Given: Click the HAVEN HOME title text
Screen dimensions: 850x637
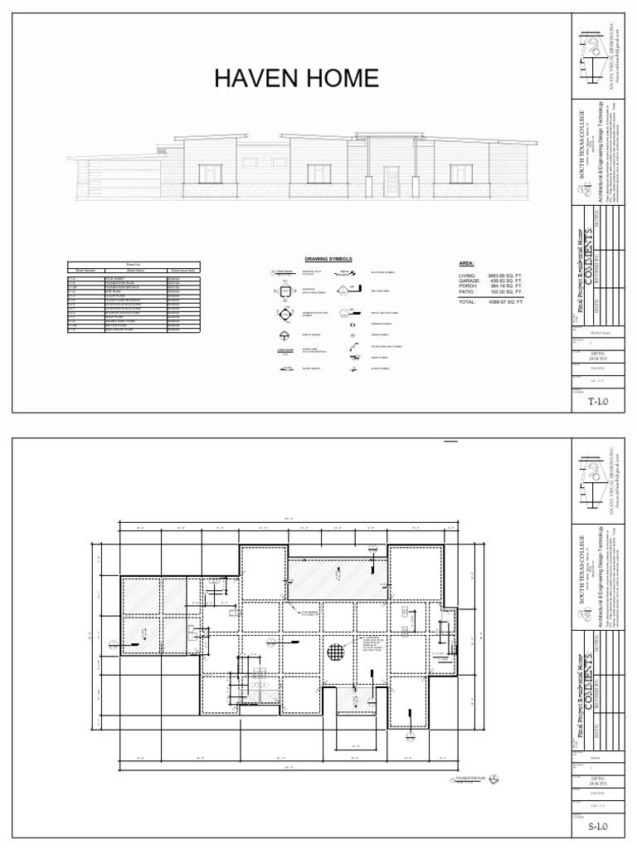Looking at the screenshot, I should (296, 79).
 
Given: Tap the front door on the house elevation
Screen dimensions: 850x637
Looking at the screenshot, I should (391, 176).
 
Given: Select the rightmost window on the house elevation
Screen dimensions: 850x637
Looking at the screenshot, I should (462, 173).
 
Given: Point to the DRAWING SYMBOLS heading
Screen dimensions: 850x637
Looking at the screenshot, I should (328, 259).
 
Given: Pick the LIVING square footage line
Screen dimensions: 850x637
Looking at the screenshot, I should (491, 274).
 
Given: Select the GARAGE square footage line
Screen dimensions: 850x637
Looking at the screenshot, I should (491, 281).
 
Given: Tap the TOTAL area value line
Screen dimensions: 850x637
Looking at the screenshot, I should (491, 302).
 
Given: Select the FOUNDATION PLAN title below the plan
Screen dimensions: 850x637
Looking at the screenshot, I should (469, 779).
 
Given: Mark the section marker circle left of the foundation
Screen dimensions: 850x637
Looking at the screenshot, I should (110, 642).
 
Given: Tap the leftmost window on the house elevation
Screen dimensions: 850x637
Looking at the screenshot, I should (210, 173).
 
